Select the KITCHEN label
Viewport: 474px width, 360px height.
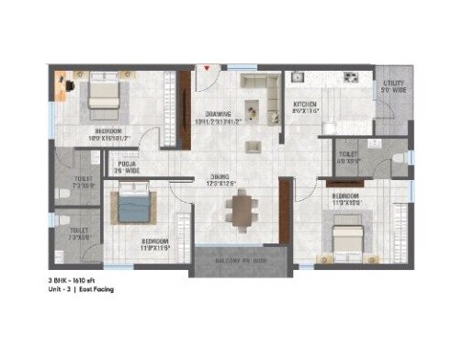[305, 105]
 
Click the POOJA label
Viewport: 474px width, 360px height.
[126, 166]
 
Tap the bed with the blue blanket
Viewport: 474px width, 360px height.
[134, 203]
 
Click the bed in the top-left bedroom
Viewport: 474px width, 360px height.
[102, 97]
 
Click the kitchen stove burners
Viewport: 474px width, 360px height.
[350, 75]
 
